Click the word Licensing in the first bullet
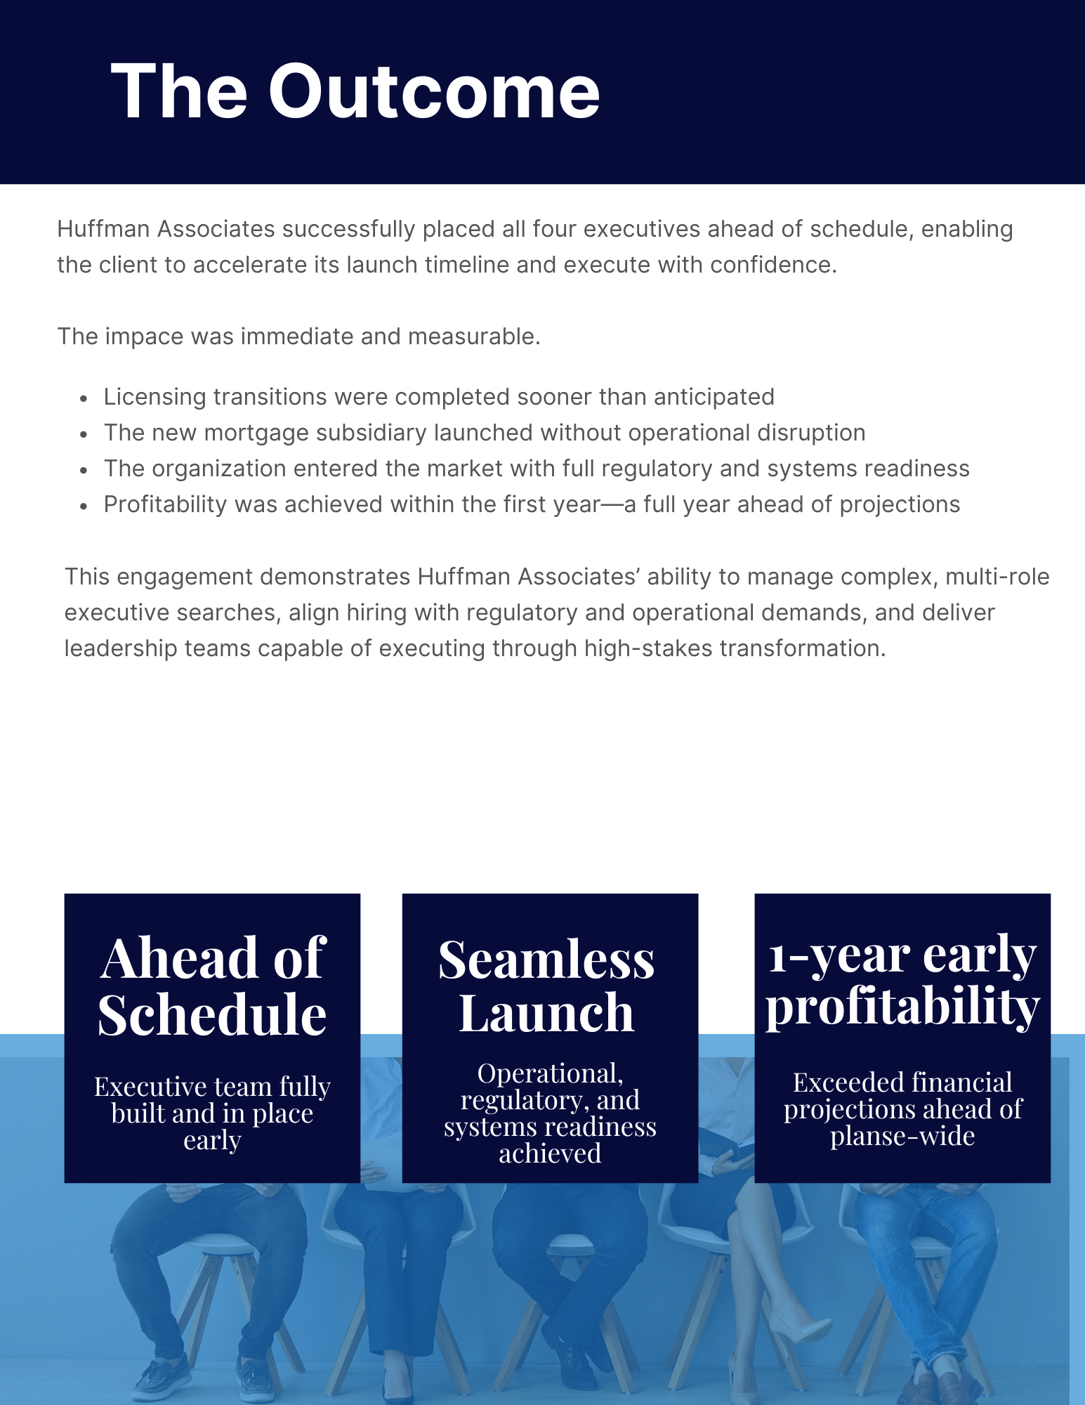pyautogui.click(x=154, y=398)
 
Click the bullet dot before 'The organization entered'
pyautogui.click(x=84, y=470)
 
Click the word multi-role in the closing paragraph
pyautogui.click(x=997, y=577)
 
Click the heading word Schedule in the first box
pyautogui.click(x=212, y=1016)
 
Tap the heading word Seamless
pyautogui.click(x=546, y=960)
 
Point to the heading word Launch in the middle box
pyautogui.click(x=546, y=1014)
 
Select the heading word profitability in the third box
pyautogui.click(x=902, y=1006)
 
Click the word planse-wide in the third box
pyautogui.click(x=902, y=1136)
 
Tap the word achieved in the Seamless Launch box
pyautogui.click(x=550, y=1154)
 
